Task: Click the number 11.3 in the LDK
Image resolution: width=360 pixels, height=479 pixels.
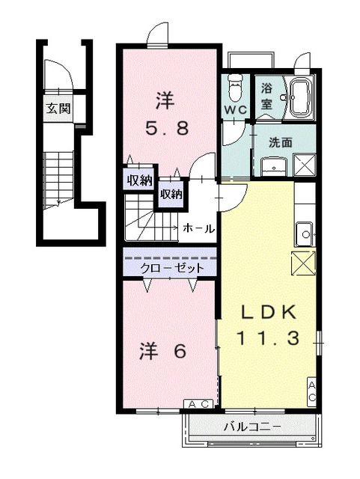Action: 269,338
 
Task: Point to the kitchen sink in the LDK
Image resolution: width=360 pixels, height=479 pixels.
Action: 305,234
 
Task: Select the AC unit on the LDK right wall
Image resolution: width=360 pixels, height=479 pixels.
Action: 312,390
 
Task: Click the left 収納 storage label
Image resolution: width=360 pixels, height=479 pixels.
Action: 139,180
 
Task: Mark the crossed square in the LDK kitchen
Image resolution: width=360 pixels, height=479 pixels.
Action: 303,263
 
